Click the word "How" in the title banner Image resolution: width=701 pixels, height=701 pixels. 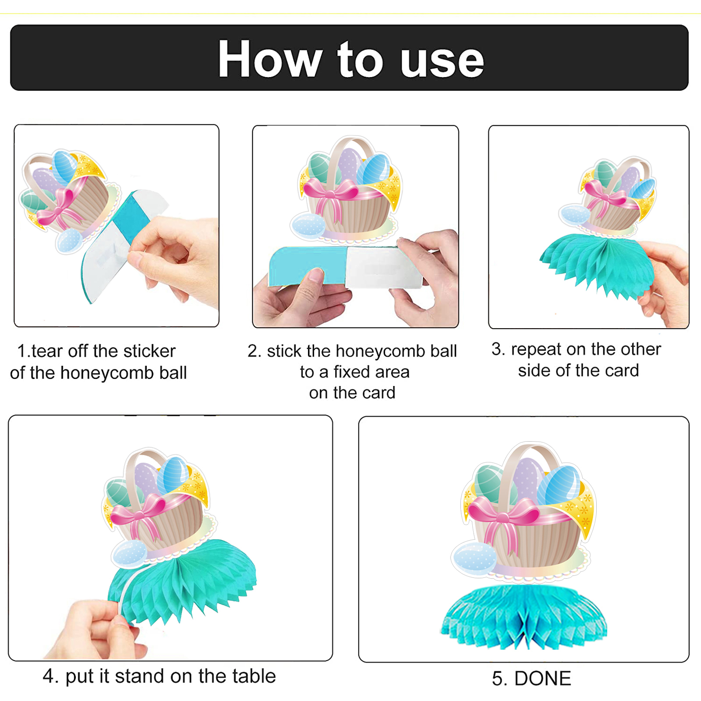pos(270,59)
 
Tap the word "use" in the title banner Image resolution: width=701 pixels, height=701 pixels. pos(442,61)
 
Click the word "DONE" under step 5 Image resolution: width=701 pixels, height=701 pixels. pos(543,679)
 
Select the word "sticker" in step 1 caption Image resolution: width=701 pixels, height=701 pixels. pos(149,351)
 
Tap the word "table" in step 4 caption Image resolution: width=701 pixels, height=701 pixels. pos(254,676)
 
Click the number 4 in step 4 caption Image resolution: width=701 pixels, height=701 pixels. pos(48,676)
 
